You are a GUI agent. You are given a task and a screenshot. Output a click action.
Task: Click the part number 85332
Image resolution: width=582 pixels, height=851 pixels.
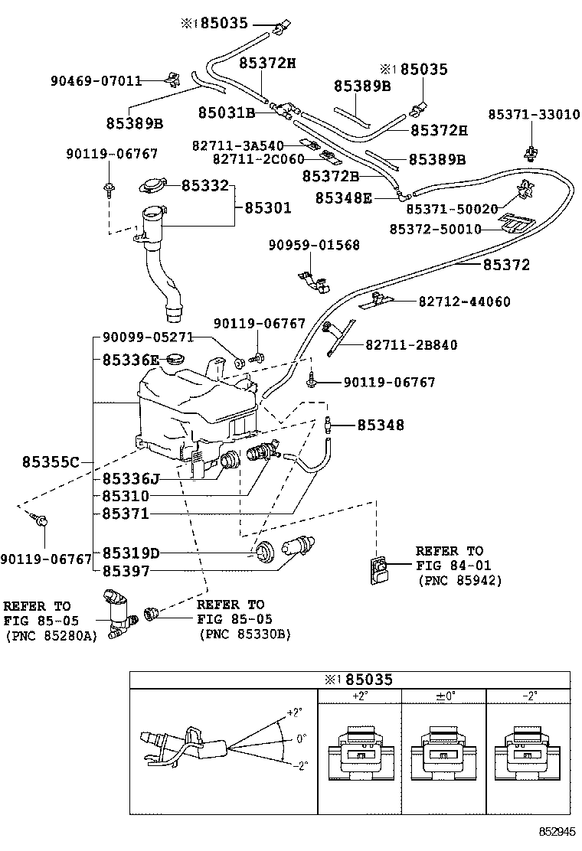(x=204, y=186)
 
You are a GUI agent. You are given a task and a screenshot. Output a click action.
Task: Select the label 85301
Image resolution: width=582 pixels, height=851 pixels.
(x=268, y=207)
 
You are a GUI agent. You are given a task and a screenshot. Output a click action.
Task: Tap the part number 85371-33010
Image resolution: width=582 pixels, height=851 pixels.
(x=534, y=115)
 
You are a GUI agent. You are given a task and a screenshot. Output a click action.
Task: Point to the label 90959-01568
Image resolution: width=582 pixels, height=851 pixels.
(x=314, y=246)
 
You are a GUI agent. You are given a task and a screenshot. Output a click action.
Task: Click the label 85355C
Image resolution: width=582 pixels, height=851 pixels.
(x=51, y=462)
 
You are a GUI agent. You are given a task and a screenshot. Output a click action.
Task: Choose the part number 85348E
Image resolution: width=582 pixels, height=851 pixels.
(x=344, y=198)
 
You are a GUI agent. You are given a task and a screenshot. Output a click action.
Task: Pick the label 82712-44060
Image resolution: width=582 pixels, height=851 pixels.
(x=464, y=302)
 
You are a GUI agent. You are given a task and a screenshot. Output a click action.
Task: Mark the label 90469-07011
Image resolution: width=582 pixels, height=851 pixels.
(x=96, y=81)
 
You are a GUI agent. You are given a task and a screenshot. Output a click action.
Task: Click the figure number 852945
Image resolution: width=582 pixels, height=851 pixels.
(x=557, y=831)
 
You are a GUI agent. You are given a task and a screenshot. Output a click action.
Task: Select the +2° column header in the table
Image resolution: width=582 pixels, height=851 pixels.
(x=361, y=696)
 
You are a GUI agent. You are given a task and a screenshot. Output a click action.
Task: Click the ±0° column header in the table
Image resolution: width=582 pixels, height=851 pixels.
(x=445, y=696)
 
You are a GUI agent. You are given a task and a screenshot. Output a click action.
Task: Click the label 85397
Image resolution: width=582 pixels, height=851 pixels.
(x=126, y=571)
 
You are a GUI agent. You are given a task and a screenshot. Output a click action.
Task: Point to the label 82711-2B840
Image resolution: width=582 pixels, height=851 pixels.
(x=411, y=345)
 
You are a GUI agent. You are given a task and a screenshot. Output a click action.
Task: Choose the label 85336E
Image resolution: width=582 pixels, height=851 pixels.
(x=131, y=360)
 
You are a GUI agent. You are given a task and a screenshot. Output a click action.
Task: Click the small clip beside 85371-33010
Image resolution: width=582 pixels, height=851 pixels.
(x=531, y=154)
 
